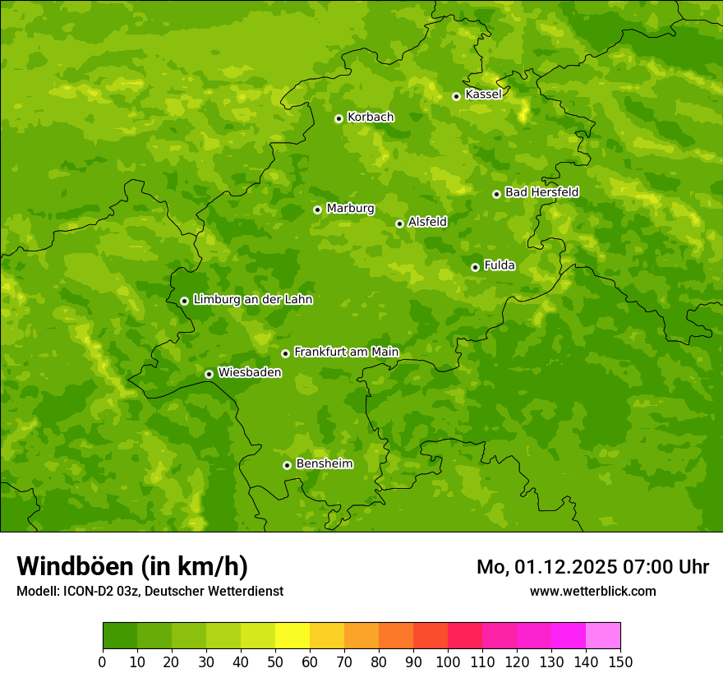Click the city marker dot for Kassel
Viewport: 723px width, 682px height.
click(456, 96)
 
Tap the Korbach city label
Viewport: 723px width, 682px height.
click(371, 118)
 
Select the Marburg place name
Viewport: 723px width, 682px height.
click(350, 209)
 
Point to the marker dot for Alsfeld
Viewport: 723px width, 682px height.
click(399, 223)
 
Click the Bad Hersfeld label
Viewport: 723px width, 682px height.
click(541, 192)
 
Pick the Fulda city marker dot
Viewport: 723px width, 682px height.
click(475, 267)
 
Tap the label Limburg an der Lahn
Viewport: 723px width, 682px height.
click(252, 300)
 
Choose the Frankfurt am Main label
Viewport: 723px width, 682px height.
click(346, 353)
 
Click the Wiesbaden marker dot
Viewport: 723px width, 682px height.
click(209, 374)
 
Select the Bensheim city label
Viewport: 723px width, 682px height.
click(324, 464)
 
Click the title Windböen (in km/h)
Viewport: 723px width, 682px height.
click(132, 566)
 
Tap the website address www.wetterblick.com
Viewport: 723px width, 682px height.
click(592, 591)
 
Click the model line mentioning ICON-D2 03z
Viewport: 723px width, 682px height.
click(150, 591)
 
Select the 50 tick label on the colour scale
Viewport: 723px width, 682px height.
click(275, 662)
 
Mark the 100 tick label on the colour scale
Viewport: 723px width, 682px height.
click(448, 662)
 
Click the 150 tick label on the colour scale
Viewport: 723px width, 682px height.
click(620, 662)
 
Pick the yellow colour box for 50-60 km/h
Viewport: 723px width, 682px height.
click(292, 636)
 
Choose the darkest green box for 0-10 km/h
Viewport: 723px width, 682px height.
click(120, 636)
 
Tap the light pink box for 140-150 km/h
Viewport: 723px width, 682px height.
click(603, 636)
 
